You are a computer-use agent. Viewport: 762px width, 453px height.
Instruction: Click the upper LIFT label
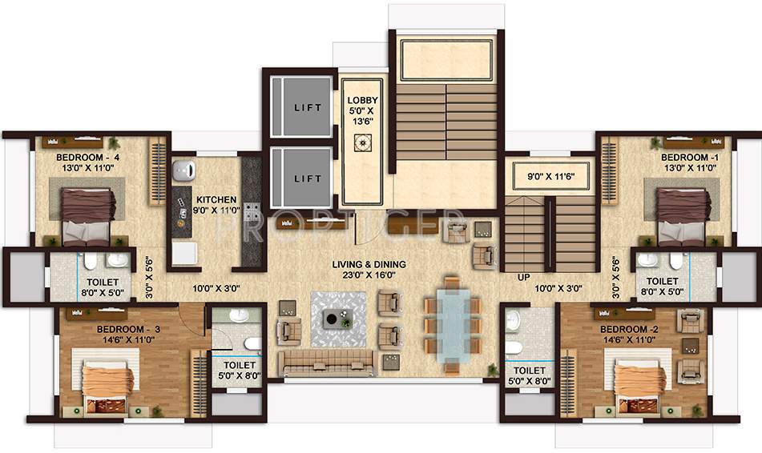(307, 107)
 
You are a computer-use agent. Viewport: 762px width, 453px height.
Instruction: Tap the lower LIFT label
(307, 178)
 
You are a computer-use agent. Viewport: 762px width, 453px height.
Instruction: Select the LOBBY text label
(362, 101)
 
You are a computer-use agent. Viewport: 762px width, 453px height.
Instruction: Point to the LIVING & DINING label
(369, 264)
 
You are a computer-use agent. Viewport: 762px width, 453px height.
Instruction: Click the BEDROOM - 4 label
(87, 157)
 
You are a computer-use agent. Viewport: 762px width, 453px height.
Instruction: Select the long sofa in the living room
(325, 363)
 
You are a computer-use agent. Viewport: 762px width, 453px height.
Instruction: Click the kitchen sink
(184, 170)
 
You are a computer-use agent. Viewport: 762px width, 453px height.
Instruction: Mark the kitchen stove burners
(252, 214)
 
